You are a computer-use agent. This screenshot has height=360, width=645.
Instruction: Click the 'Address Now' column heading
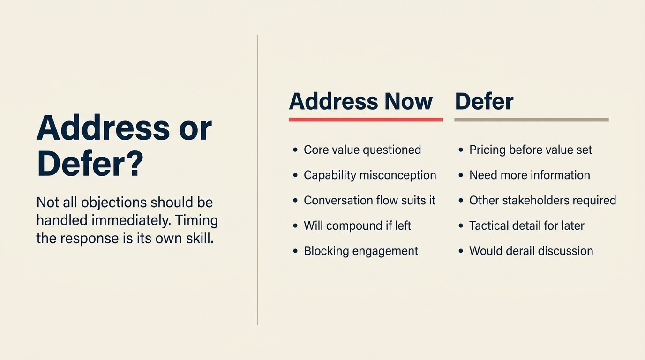click(360, 101)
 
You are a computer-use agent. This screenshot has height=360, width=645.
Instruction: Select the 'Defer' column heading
click(484, 101)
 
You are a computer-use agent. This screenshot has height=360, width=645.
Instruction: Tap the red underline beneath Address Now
click(366, 120)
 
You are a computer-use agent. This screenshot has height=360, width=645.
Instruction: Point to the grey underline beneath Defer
click(531, 120)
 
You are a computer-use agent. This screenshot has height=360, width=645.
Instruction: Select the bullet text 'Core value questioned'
click(362, 150)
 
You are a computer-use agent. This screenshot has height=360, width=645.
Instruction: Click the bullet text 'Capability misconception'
click(370, 175)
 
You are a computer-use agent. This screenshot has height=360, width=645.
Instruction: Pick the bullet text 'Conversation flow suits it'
click(370, 201)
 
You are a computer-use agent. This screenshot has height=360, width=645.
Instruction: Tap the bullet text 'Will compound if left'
click(357, 226)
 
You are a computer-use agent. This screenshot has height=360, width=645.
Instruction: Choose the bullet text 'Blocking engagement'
click(361, 251)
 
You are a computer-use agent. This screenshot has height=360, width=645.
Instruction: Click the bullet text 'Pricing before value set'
click(531, 150)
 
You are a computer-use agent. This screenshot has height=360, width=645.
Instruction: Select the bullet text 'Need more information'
click(530, 175)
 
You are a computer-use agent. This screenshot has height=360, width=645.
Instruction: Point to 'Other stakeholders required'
click(543, 201)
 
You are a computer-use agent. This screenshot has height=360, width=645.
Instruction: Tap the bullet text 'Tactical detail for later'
click(527, 226)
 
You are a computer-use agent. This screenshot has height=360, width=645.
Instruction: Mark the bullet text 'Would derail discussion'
click(531, 251)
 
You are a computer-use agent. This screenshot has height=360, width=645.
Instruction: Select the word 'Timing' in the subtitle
click(196, 220)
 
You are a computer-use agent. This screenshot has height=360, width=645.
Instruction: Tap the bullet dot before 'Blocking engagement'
click(295, 251)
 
